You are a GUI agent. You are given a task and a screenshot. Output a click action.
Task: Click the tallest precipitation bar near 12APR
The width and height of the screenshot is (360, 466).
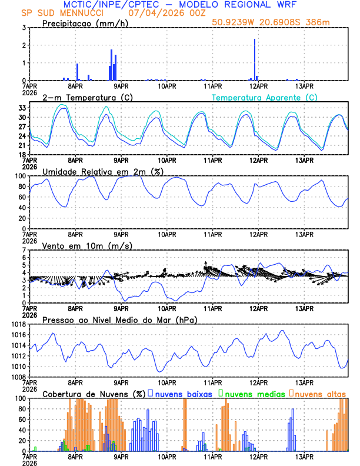coord(255,59)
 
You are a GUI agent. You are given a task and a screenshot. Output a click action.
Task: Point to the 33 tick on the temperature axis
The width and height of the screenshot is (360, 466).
coord(21,108)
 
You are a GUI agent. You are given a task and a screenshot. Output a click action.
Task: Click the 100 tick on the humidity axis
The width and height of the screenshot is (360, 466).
coord(19,176)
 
